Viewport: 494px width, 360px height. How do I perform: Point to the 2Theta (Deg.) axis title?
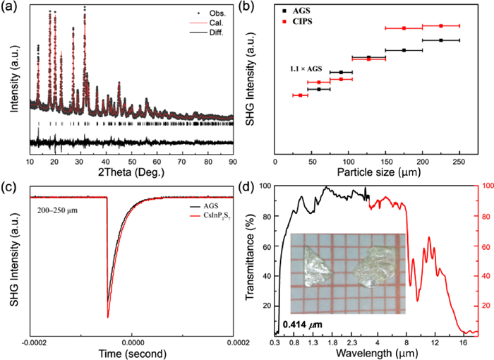(131, 171)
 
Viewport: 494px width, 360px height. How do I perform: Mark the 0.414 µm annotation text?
(302, 325)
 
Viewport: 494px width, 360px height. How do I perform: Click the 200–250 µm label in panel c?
(58, 209)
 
